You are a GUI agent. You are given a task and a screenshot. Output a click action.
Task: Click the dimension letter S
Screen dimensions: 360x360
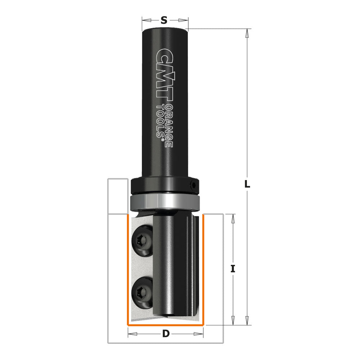(x=164, y=21)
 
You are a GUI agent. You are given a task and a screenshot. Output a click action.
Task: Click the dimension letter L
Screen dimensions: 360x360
(x=247, y=184)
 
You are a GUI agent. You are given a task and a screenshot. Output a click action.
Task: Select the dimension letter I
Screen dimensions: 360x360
(x=233, y=269)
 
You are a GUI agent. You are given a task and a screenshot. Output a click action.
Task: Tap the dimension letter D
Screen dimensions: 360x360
(x=166, y=334)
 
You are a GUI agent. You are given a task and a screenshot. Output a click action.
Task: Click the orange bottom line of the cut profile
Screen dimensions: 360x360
(x=166, y=325)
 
